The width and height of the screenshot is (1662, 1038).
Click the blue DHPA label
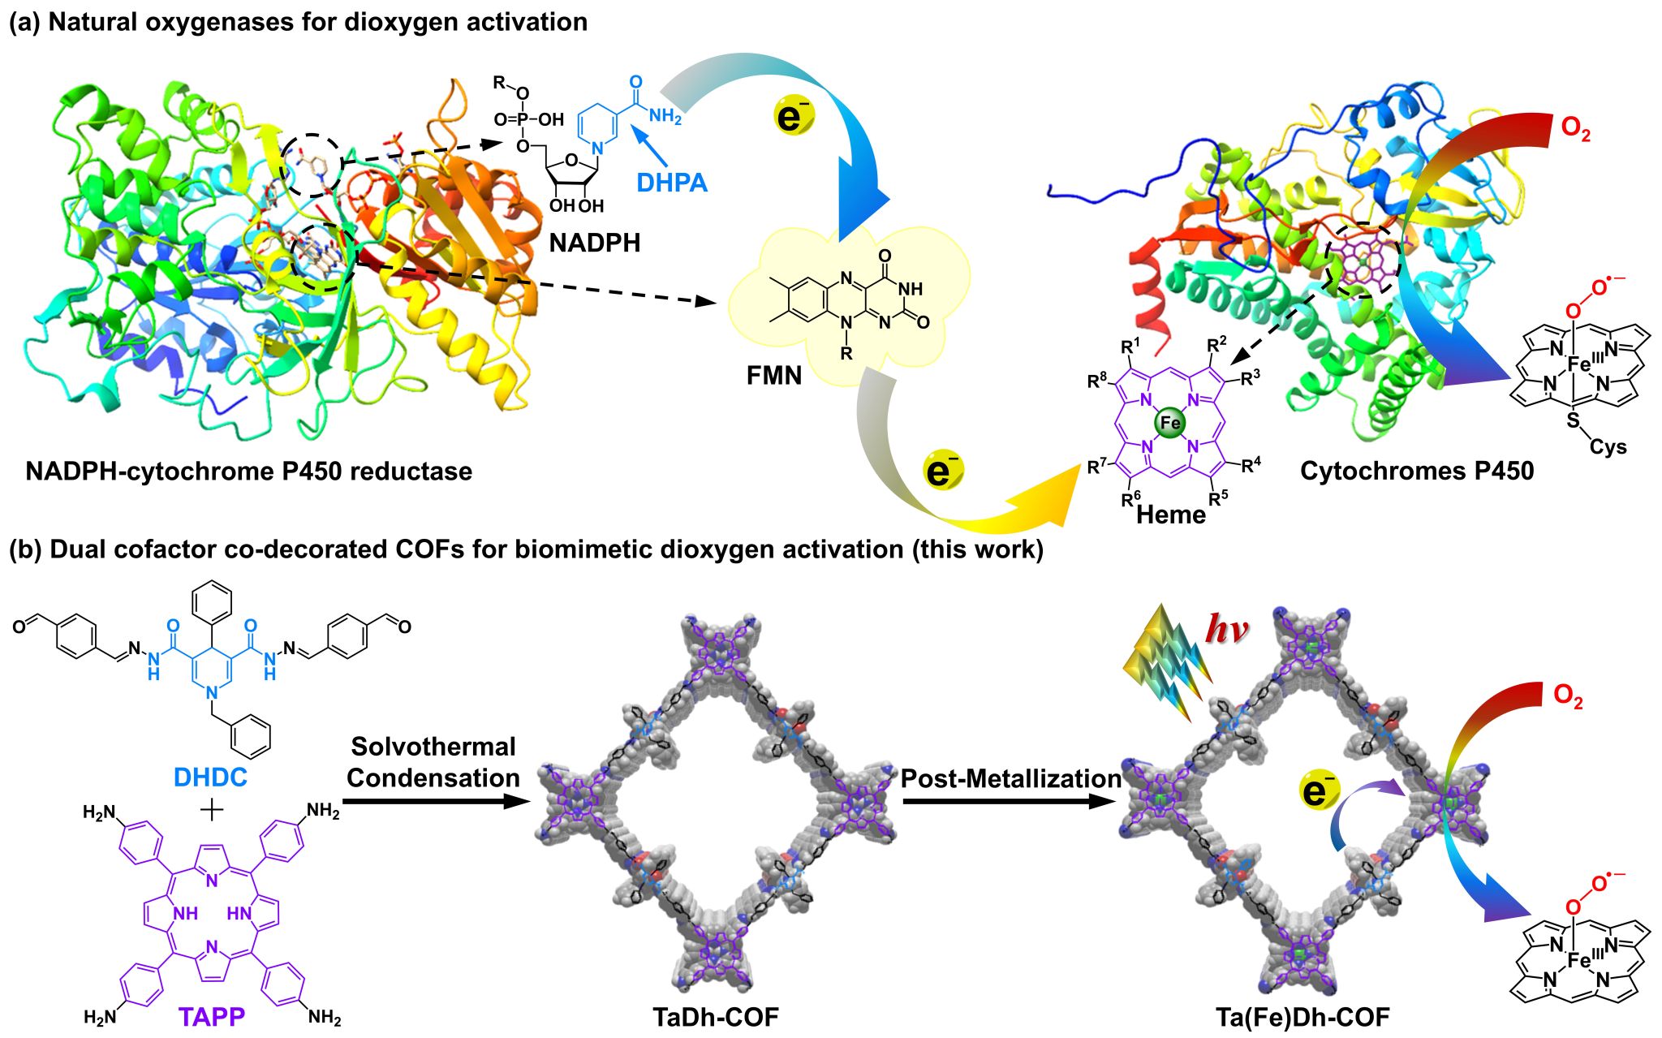[x=671, y=183]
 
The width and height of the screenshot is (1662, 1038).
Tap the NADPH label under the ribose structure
[x=594, y=243]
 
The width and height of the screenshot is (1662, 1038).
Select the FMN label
[x=773, y=376]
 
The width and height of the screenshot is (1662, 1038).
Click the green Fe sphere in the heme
[x=1169, y=423]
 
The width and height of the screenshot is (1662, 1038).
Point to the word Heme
[x=1170, y=515]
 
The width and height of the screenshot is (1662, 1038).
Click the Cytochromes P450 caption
[x=1416, y=471]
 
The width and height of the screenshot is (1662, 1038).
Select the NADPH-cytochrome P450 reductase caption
[x=248, y=471]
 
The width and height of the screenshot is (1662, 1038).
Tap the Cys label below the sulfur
[x=1607, y=447]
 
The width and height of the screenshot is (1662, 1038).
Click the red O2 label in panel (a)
[x=1575, y=130]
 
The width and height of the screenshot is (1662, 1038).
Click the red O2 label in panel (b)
[x=1567, y=696]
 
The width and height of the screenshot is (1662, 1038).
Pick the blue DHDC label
[x=210, y=777]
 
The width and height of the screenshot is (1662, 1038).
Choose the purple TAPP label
[x=212, y=1016]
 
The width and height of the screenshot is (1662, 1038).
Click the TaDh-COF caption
[x=715, y=1017]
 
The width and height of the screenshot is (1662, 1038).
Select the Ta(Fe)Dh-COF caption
[x=1302, y=1017]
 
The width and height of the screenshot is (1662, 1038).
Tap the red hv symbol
[x=1225, y=629]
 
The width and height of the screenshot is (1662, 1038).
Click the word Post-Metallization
[x=1010, y=778]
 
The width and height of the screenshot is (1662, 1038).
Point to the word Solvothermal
[x=433, y=747]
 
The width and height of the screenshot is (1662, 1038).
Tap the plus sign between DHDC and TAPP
[x=211, y=810]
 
